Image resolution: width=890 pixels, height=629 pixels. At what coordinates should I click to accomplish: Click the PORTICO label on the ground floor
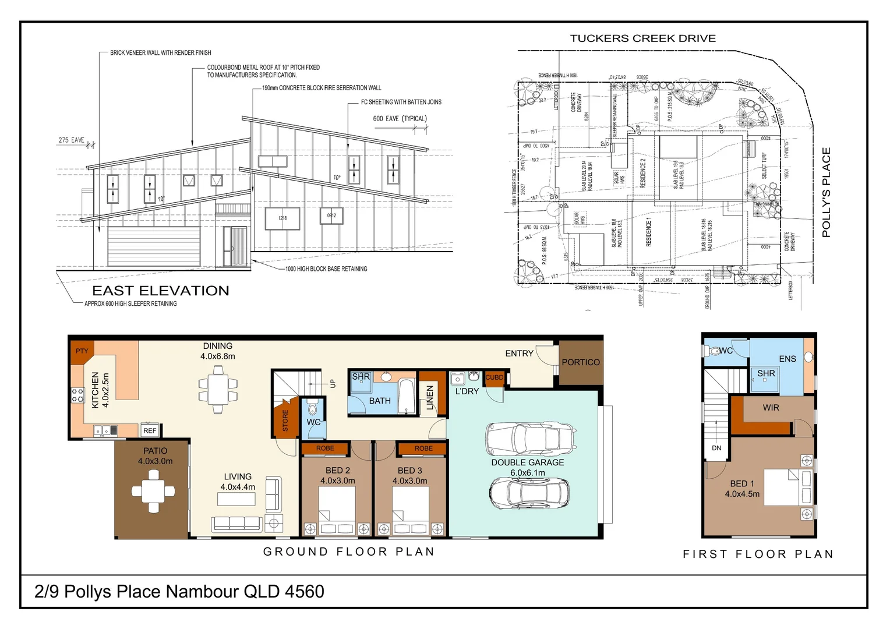point(580,362)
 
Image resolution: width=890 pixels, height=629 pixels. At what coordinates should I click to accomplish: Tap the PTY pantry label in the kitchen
point(82,351)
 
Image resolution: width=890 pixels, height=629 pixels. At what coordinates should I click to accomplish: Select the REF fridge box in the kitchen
point(150,431)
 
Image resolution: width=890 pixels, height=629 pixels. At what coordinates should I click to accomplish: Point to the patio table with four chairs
point(153,491)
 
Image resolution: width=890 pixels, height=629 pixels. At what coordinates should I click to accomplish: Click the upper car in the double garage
point(531,439)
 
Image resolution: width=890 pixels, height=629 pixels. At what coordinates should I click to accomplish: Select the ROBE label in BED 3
point(423,448)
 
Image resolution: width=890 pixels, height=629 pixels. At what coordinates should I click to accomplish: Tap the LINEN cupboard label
point(430,397)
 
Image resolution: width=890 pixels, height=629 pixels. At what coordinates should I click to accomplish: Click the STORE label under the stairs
point(285,420)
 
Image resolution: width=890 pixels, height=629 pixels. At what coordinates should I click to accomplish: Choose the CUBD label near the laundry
point(495,377)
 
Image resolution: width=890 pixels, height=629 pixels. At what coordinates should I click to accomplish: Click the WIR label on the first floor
point(771,408)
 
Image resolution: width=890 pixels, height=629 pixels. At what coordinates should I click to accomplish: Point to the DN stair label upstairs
point(716,448)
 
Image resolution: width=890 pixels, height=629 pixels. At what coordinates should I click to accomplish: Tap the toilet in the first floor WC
point(713,352)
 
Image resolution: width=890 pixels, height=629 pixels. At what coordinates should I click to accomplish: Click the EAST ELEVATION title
point(161,291)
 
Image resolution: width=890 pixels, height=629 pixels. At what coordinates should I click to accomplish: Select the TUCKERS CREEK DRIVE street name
point(642,38)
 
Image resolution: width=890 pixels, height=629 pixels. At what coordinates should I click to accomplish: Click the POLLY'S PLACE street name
point(826,192)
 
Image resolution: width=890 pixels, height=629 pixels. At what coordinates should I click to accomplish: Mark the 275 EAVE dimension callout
point(71,140)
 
